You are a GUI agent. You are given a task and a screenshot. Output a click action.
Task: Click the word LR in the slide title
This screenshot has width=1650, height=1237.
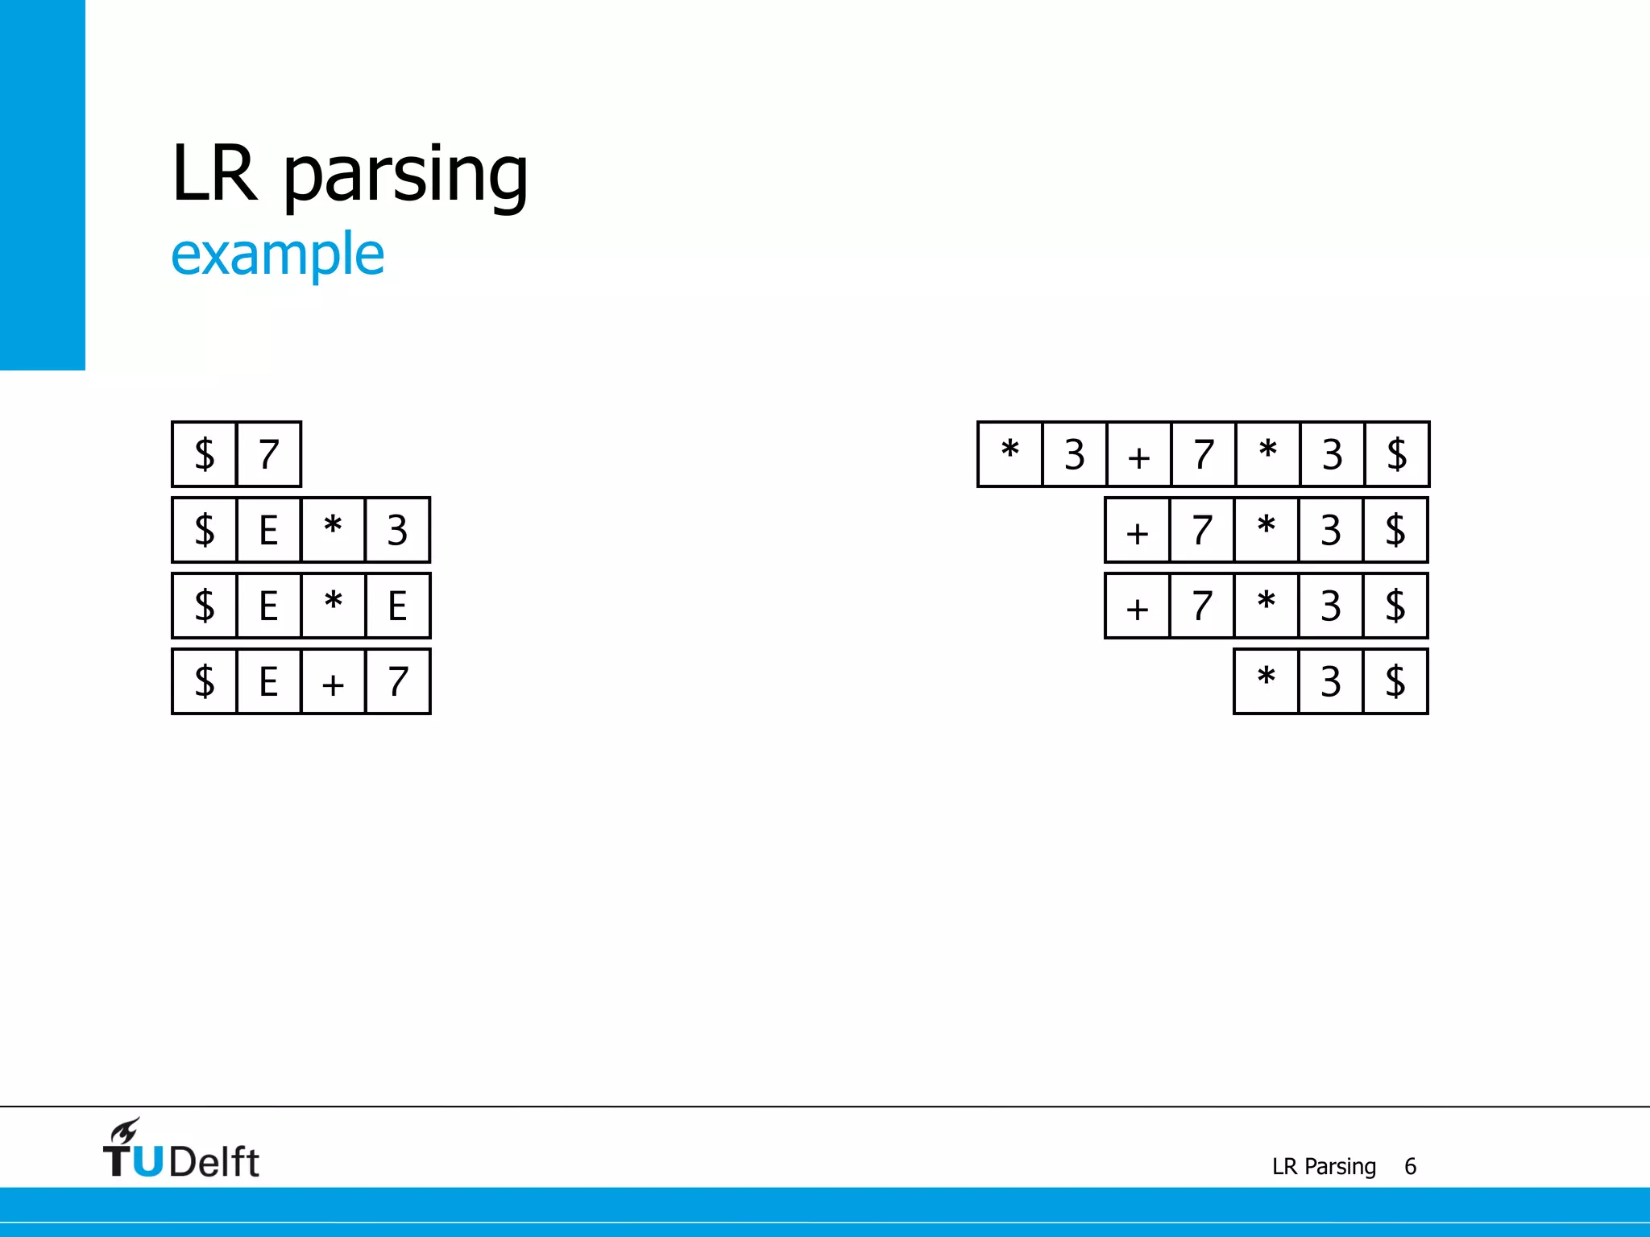coord(214,173)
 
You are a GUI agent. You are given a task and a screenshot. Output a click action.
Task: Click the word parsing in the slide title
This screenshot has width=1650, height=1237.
coord(406,176)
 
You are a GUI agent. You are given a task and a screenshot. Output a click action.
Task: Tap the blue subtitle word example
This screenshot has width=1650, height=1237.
coord(278,254)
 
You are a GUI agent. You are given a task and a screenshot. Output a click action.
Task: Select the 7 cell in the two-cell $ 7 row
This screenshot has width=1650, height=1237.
coord(269,454)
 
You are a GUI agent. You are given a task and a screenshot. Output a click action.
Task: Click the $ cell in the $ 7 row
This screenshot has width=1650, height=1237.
coord(205,454)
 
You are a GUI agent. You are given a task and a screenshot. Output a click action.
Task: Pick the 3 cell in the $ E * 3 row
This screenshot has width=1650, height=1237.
coord(397,530)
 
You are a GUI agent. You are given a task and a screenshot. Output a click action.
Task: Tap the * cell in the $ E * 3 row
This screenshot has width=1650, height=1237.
coord(333,530)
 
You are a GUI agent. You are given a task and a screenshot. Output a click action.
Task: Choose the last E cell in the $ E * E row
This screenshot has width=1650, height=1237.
coord(397,606)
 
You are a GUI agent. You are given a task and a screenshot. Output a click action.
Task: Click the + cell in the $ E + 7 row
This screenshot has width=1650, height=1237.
coord(333,682)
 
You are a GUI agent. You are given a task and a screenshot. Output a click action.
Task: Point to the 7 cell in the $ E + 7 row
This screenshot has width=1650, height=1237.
coord(397,682)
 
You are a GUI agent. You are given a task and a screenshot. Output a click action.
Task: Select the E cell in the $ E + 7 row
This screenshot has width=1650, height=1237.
coord(269,682)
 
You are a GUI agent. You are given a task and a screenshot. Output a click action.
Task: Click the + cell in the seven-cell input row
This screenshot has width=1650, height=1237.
coord(1138,455)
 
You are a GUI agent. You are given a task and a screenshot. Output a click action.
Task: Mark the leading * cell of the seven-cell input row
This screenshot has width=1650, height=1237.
coord(1010,454)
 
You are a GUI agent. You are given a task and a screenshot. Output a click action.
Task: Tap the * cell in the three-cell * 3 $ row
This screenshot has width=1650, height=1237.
coord(1267,681)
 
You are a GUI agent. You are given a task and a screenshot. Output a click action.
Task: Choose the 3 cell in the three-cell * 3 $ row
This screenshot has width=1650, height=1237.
coord(1331,681)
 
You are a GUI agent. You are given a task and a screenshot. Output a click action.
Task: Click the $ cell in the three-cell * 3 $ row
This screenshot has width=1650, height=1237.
coord(1395,681)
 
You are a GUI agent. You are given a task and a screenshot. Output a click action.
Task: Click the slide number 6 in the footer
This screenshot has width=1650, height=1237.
coord(1410,1166)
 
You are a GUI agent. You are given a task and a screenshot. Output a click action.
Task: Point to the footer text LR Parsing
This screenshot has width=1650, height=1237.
coord(1324,1166)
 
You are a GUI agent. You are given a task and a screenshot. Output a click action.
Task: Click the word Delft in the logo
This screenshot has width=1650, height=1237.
coord(214,1162)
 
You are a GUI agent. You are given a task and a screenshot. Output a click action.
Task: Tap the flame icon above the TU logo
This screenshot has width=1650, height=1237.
coord(125,1131)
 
